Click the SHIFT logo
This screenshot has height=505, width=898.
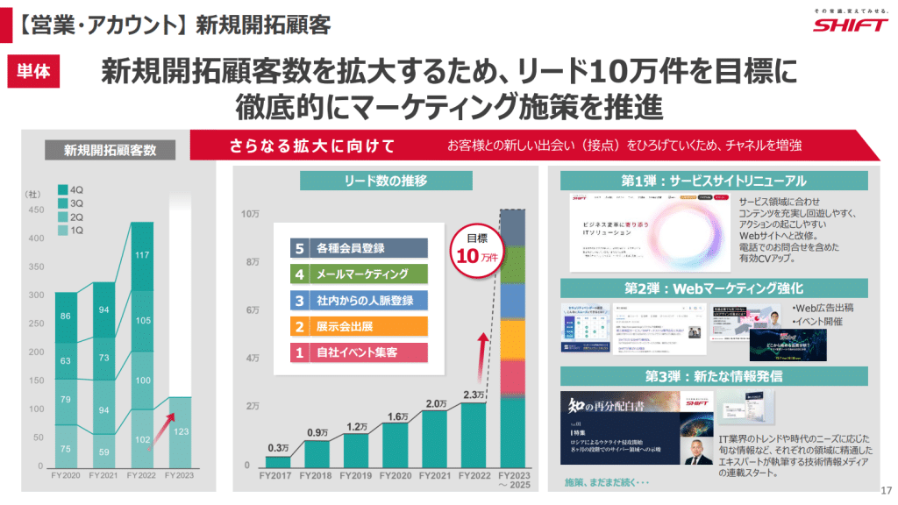coord(850,25)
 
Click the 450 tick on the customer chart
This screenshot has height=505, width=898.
coord(35,210)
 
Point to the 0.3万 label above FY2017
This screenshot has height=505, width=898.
coord(278,448)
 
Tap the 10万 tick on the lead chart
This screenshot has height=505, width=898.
coord(250,214)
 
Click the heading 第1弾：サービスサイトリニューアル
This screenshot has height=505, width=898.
coord(714,181)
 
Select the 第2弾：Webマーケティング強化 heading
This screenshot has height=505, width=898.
coord(714,288)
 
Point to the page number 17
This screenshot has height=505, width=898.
coord(884,489)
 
